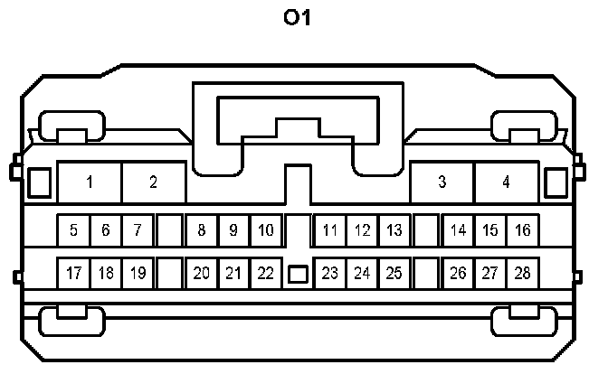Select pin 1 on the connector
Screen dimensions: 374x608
(x=90, y=182)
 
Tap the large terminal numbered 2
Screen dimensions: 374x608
(x=154, y=182)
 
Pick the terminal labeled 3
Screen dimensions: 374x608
(x=442, y=182)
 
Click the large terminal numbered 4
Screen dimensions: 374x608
(x=506, y=182)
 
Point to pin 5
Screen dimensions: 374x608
(x=73, y=230)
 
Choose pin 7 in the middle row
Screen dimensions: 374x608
(x=137, y=230)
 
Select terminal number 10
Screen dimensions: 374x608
(x=265, y=230)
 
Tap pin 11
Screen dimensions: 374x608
(x=330, y=230)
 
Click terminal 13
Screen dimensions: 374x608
(x=394, y=230)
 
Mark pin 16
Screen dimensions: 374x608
(x=522, y=230)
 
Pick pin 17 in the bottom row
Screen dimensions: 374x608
(x=73, y=272)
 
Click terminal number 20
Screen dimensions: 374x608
(x=202, y=272)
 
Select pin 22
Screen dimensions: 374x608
(x=265, y=272)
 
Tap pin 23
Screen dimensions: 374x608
(x=330, y=272)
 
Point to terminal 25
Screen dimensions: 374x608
(x=394, y=272)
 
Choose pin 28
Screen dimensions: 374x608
(x=522, y=272)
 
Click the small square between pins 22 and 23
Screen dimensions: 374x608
(x=298, y=272)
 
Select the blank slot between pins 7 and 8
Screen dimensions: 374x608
(x=169, y=230)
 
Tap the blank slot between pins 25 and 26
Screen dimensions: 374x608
(x=426, y=272)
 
